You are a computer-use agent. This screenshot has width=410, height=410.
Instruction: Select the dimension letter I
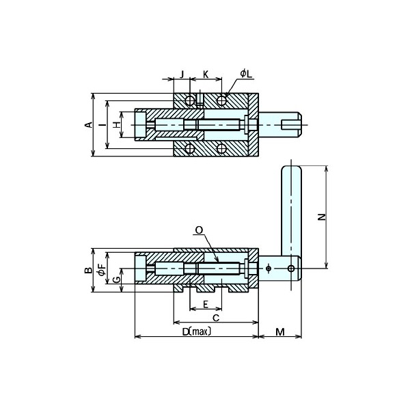click(101, 125)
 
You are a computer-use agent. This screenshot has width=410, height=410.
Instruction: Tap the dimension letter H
click(116, 125)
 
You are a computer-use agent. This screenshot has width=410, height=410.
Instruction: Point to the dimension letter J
click(182, 73)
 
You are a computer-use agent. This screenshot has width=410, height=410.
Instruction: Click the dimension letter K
click(206, 73)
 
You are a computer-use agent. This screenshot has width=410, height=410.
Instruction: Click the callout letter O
click(198, 231)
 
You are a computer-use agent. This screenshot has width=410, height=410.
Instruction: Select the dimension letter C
click(216, 318)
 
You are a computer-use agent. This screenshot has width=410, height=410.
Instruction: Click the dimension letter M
click(280, 332)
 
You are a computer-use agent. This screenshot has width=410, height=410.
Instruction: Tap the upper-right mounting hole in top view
click(221, 101)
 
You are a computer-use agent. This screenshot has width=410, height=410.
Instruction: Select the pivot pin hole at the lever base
click(291, 269)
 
